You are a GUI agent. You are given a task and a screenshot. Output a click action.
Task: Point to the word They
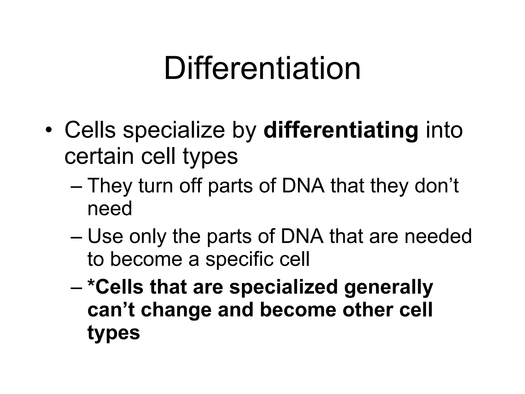point(110,186)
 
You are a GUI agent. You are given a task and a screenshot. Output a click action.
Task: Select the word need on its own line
point(110,208)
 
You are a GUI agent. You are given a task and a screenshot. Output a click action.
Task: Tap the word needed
point(438,236)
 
